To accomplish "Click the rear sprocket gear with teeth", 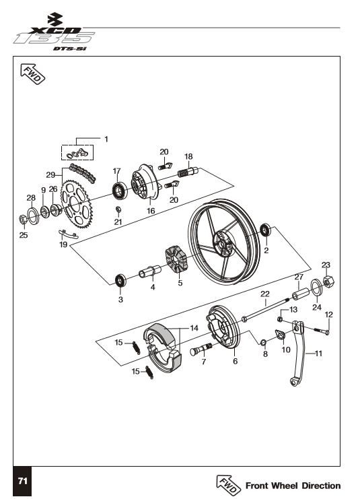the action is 76,203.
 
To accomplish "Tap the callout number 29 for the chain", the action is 50,174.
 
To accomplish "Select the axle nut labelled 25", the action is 24,220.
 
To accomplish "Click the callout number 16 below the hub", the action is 151,211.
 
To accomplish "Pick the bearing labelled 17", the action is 120,191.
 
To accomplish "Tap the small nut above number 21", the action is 118,209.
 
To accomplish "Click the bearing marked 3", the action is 121,280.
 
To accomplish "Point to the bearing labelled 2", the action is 266,230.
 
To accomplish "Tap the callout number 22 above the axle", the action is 265,294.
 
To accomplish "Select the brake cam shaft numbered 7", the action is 201,349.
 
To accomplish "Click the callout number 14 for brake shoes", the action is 194,328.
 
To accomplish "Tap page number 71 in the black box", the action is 23,481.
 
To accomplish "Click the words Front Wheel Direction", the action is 293,486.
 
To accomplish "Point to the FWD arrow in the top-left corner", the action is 32,73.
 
